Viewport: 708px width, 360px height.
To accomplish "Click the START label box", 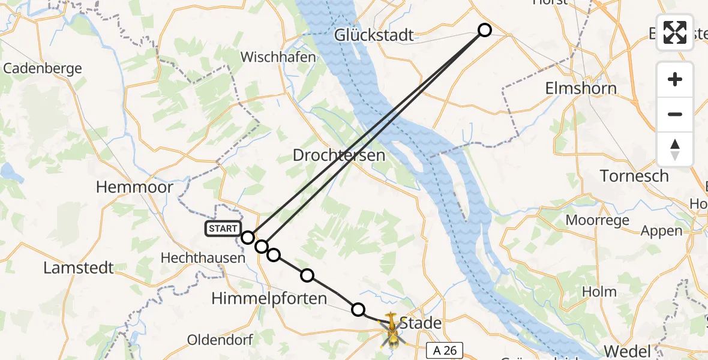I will coord(223,229).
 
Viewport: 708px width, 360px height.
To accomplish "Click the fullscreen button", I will coord(675,32).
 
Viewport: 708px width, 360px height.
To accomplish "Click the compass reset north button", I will coord(675,149).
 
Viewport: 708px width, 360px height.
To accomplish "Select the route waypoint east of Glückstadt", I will coord(484,30).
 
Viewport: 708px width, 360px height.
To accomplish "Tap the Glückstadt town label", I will coord(374,35).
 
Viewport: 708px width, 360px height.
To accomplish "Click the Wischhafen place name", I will coord(278,58).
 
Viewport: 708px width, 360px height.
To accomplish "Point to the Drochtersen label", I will coord(338,155).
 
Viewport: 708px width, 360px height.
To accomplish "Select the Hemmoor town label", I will coord(134,187).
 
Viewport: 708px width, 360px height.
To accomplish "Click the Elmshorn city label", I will coord(580,89).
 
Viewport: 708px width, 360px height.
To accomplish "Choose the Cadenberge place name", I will coord(43,68).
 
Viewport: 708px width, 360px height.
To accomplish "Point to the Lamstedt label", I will coord(79,268).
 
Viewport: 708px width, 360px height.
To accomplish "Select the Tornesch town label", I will coord(635,176).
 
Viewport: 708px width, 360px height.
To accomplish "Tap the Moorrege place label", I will coord(597,220).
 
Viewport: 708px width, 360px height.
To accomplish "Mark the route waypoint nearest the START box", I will coord(248,238).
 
